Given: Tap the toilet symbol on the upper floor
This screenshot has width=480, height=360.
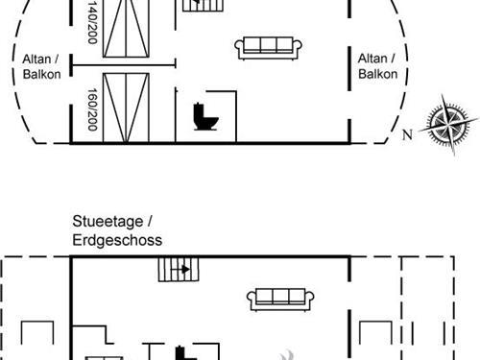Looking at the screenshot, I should pyautogui.click(x=205, y=117).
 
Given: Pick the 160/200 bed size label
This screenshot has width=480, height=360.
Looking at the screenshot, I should pyautogui.click(x=92, y=109).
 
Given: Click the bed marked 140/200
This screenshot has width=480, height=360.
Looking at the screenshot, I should pyautogui.click(x=129, y=30).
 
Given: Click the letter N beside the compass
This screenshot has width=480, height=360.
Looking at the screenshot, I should pyautogui.click(x=407, y=133).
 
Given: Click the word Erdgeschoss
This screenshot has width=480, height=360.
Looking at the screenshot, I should pyautogui.click(x=117, y=239).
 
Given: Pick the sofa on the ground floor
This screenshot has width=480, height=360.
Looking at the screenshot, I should pyautogui.click(x=279, y=300).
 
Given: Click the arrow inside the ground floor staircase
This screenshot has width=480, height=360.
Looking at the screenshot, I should pyautogui.click(x=182, y=270).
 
